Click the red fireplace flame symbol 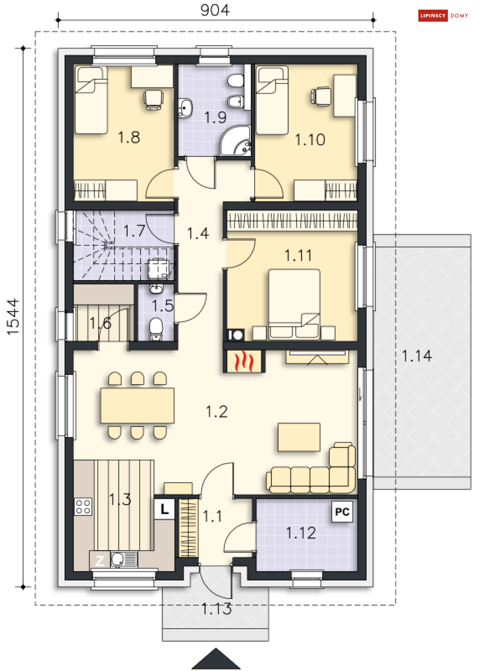[244, 361]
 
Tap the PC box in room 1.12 [342, 512]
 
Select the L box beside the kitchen [164, 509]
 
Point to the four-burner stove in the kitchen [83, 506]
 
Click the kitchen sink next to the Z [124, 559]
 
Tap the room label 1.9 [215, 117]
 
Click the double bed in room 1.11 [294, 304]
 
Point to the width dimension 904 [215, 10]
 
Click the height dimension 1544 [13, 317]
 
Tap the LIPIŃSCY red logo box [433, 15]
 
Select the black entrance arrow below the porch [216, 658]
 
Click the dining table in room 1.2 [137, 406]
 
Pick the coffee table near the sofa [298, 437]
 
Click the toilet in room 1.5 [156, 329]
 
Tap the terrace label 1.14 [416, 356]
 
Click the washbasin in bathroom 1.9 [185, 107]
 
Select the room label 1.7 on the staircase [134, 231]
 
